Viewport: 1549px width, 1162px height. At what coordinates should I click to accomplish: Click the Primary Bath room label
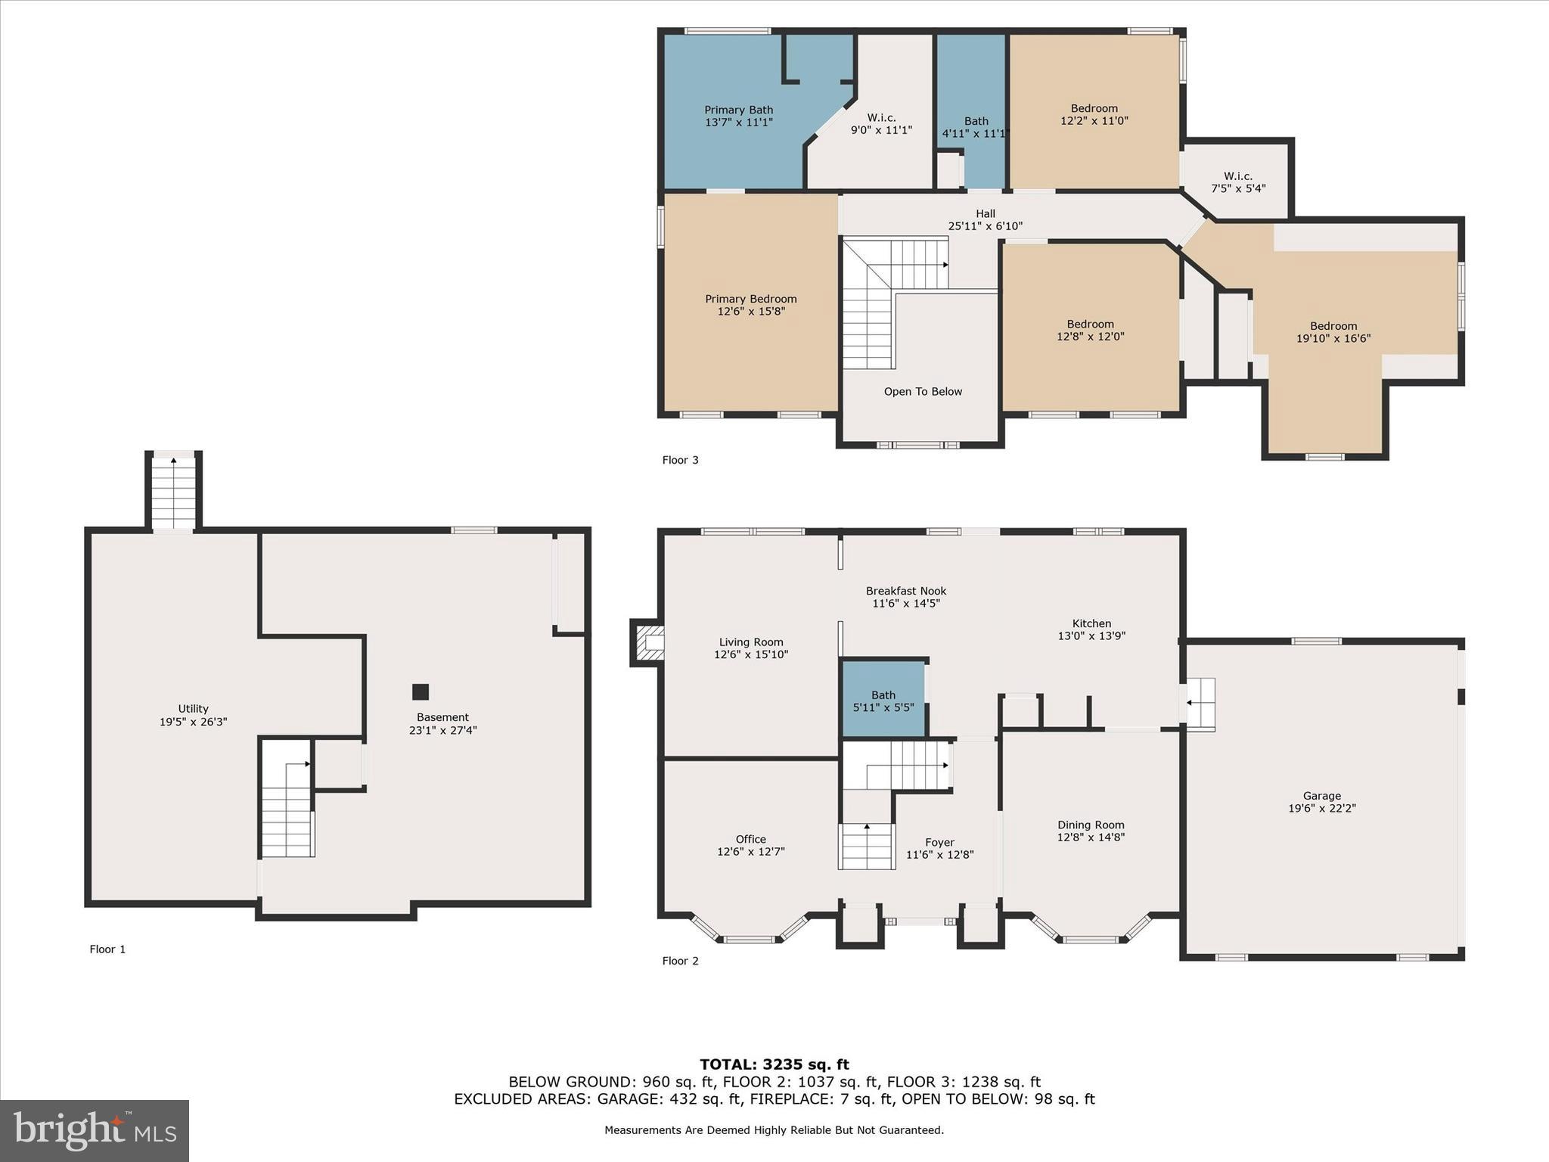(x=738, y=110)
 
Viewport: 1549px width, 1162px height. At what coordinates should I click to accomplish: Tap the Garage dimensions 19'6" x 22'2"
(x=1321, y=808)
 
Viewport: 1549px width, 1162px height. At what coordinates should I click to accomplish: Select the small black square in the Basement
(x=421, y=691)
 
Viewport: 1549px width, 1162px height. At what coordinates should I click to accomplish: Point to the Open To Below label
(x=923, y=391)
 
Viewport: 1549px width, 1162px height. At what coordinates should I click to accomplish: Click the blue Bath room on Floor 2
(x=883, y=701)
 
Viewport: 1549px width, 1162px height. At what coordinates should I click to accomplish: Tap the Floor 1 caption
(x=107, y=949)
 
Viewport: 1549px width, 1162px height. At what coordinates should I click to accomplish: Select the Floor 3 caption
(x=680, y=460)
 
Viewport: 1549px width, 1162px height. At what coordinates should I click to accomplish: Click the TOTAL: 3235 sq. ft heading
(x=774, y=1064)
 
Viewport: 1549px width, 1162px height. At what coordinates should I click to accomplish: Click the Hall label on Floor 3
(x=985, y=214)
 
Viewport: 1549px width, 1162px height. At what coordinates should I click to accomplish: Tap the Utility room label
(x=193, y=709)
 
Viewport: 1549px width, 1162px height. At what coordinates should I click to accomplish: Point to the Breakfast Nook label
(x=905, y=591)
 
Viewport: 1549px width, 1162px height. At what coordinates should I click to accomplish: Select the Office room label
(x=750, y=839)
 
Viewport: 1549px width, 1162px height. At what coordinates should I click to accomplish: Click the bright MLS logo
(x=95, y=1130)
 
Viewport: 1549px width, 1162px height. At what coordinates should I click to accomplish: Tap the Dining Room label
(x=1090, y=825)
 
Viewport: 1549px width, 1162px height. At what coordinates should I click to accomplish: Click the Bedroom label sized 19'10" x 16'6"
(x=1333, y=326)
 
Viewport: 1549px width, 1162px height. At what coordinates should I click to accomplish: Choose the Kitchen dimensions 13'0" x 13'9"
(x=1091, y=636)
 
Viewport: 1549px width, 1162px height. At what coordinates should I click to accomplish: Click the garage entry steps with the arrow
(x=1199, y=704)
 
